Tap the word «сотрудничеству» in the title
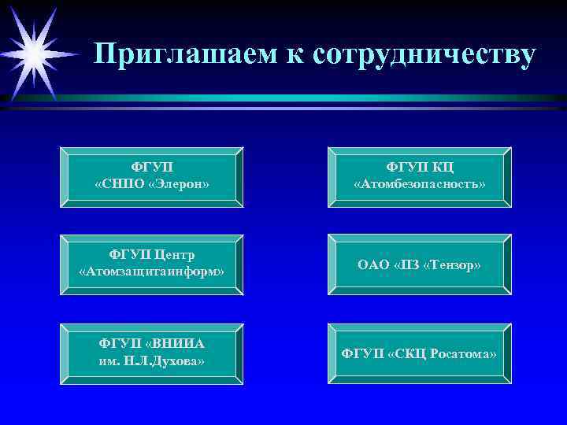click(424, 54)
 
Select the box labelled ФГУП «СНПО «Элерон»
click(152, 176)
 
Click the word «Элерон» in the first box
click(179, 183)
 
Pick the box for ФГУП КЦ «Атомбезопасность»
click(419, 176)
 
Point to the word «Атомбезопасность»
click(419, 183)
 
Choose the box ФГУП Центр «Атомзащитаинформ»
click(152, 264)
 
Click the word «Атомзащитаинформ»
click(152, 272)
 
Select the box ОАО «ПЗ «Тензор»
click(419, 264)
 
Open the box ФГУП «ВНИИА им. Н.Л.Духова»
click(152, 353)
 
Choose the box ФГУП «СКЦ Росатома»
click(419, 353)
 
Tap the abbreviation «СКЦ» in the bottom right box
click(409, 353)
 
